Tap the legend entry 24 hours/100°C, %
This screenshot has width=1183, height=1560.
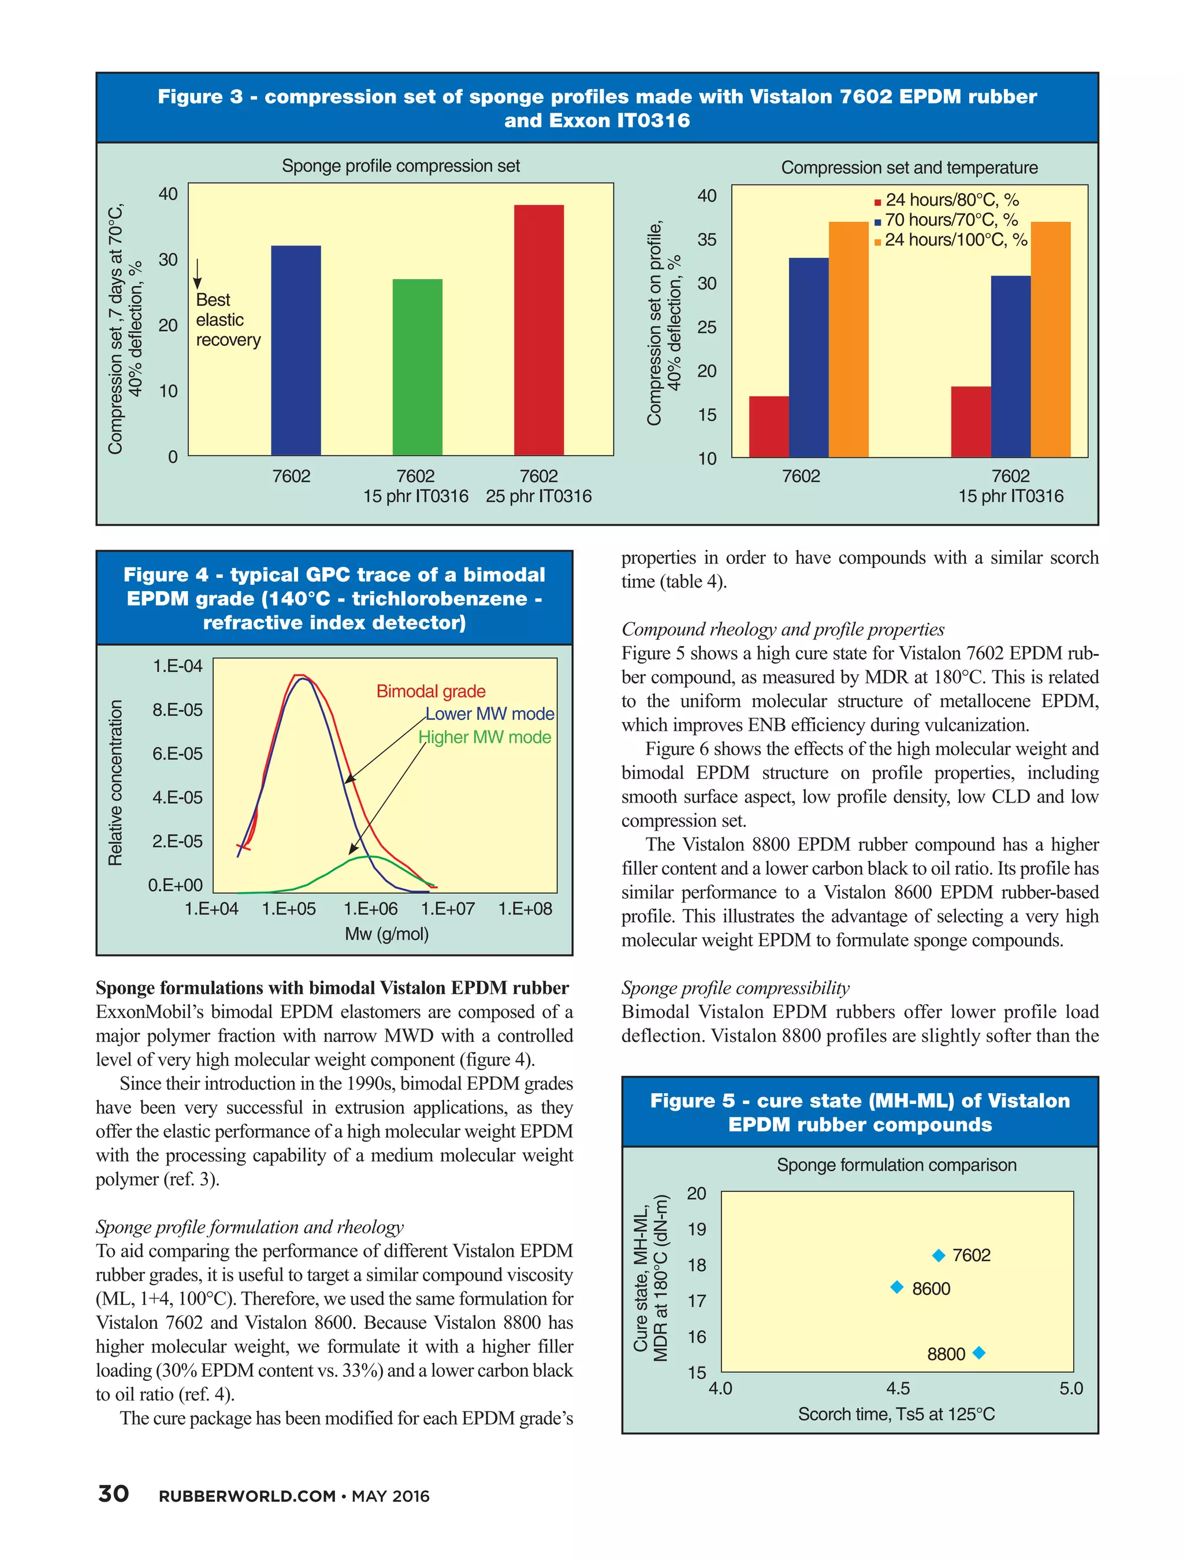pyautogui.click(x=955, y=240)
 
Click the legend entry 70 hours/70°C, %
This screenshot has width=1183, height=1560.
pyautogui.click(x=950, y=220)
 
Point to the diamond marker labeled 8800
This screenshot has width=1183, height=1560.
pyautogui.click(x=978, y=1353)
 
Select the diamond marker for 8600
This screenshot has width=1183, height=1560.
pyautogui.click(x=896, y=1287)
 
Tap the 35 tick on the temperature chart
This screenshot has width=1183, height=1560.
pyautogui.click(x=706, y=240)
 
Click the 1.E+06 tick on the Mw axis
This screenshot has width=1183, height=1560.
pyautogui.click(x=370, y=909)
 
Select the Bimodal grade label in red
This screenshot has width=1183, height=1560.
pyautogui.click(x=431, y=691)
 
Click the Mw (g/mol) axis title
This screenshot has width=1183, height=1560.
pyautogui.click(x=386, y=934)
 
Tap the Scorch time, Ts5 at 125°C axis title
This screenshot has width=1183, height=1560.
pyautogui.click(x=895, y=1413)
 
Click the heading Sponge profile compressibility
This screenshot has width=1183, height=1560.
pyautogui.click(x=735, y=987)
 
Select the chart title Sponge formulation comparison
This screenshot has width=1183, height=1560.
pyautogui.click(x=895, y=1164)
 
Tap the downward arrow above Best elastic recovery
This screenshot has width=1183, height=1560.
pyautogui.click(x=198, y=274)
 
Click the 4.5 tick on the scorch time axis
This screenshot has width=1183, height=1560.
pyautogui.click(x=898, y=1388)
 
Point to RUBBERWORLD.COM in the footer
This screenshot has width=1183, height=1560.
pyautogui.click(x=247, y=1496)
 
